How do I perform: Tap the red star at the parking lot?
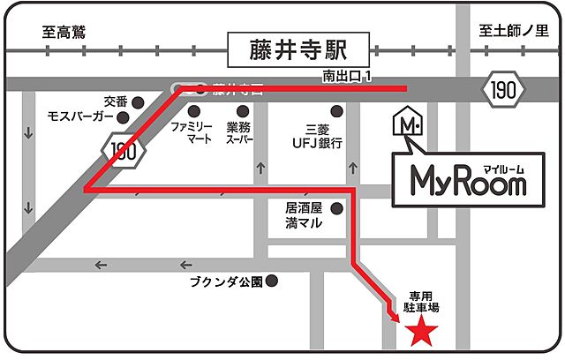coord(421,333)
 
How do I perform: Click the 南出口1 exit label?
coord(346,79)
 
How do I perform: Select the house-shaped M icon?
coord(407,124)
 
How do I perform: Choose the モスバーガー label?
coord(80,116)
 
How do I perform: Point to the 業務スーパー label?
coord(239,133)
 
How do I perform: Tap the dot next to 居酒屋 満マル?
coord(336,209)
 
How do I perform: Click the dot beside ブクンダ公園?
coord(273,282)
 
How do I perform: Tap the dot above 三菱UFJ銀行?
coord(336,110)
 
